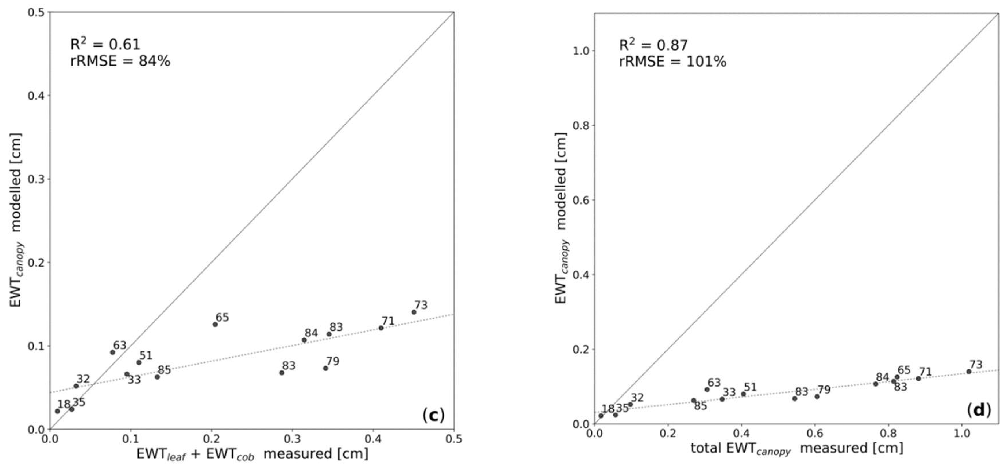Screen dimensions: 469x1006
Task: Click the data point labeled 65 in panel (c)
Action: (x=215, y=324)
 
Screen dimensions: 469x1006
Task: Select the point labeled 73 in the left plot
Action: (x=414, y=312)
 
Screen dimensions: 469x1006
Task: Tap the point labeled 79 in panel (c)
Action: (x=325, y=368)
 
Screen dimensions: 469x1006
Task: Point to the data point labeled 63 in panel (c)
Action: (x=112, y=352)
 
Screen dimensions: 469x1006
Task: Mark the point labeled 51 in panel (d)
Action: (x=743, y=394)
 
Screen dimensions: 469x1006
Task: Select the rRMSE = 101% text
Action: (x=672, y=62)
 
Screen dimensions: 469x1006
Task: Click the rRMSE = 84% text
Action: (x=120, y=61)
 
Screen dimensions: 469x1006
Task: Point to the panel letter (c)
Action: (x=433, y=416)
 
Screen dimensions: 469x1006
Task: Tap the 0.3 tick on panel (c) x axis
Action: (x=292, y=439)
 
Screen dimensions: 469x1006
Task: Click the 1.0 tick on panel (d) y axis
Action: (x=580, y=51)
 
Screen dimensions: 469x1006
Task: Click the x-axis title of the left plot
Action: (x=252, y=454)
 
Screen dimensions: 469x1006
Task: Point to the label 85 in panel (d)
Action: (x=700, y=406)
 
